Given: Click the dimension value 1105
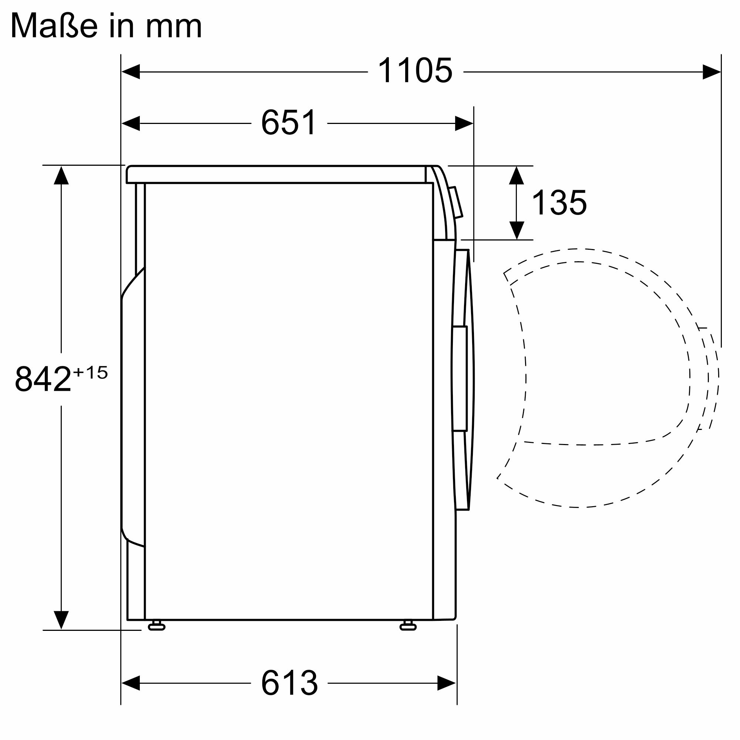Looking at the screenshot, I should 415,71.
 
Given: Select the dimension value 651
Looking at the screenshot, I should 289,123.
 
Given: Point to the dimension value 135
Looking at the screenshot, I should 559,203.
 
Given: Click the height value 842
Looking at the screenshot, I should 43,379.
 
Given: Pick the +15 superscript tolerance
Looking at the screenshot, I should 90,372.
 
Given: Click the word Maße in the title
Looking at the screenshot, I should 54,26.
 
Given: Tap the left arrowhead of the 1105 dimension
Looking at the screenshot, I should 130,72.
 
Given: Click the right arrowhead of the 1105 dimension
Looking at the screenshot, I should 712,72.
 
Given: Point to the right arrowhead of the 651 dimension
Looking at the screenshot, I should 464,123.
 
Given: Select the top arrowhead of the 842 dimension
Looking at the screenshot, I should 61,175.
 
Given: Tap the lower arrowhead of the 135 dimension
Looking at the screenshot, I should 517,230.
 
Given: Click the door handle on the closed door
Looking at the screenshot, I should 459,379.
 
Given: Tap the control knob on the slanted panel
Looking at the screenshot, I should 456,203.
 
